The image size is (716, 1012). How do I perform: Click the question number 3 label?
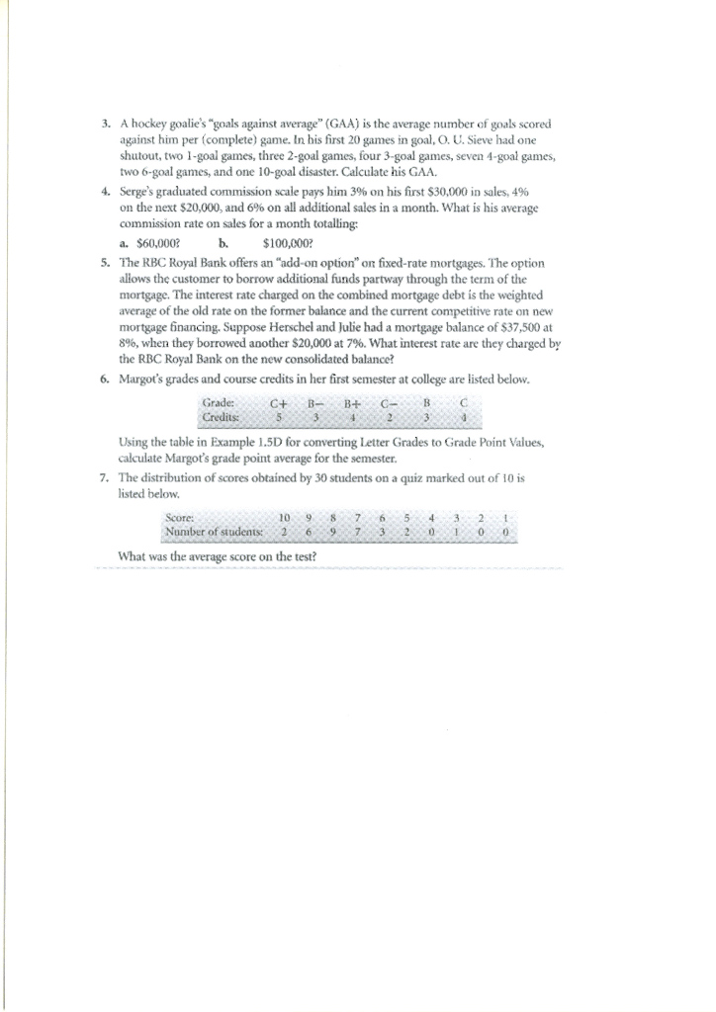pos(106,125)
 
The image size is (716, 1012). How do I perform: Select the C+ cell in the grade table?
pos(280,403)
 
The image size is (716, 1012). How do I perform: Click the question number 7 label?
pos(106,477)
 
